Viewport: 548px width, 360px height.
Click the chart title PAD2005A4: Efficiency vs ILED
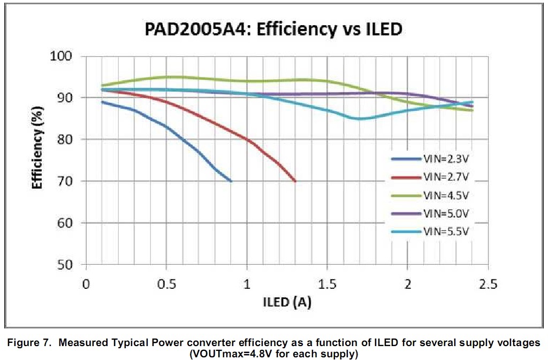(x=273, y=28)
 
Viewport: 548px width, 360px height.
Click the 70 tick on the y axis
(x=68, y=181)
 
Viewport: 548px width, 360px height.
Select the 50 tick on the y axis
(x=68, y=265)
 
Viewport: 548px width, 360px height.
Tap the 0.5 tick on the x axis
(x=166, y=284)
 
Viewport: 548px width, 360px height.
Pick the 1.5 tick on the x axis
(x=327, y=284)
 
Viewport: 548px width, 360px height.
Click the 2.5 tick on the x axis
(x=488, y=284)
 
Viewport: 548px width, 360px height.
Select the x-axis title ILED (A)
(x=286, y=302)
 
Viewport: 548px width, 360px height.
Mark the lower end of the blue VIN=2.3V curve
(x=231, y=181)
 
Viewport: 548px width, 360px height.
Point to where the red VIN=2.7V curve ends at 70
(x=295, y=181)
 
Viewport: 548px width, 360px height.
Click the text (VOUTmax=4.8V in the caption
(x=225, y=354)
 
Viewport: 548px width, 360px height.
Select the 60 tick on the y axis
(x=68, y=223)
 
